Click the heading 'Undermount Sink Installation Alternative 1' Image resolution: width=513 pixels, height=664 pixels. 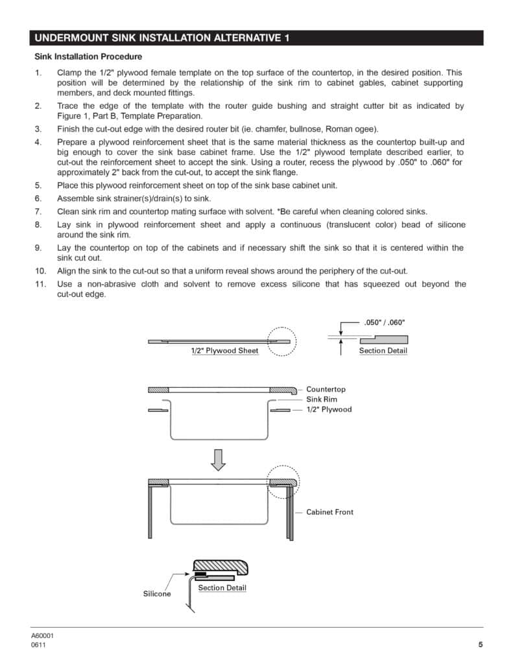click(161, 38)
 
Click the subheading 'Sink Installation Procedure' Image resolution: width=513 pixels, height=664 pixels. click(88, 57)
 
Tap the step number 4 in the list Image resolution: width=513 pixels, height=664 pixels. click(38, 142)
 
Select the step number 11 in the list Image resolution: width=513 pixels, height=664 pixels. click(40, 284)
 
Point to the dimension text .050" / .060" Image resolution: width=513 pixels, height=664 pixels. click(384, 322)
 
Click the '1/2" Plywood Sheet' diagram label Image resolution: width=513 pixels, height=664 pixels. click(224, 351)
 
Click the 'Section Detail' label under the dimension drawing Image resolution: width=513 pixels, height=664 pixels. click(383, 351)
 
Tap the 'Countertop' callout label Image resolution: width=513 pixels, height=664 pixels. click(326, 389)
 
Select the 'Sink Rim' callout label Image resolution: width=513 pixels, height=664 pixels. click(322, 399)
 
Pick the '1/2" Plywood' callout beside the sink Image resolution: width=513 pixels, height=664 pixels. click(329, 410)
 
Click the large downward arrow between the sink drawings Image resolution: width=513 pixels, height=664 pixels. click(219, 459)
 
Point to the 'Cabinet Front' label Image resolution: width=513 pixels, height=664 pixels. click(329, 512)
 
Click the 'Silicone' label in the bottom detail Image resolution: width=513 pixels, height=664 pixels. click(157, 594)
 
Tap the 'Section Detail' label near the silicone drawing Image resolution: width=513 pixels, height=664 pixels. click(222, 588)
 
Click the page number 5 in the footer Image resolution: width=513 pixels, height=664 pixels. click(481, 645)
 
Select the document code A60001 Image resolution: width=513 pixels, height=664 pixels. click(42, 636)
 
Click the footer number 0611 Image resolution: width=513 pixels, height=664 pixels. click(38, 645)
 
